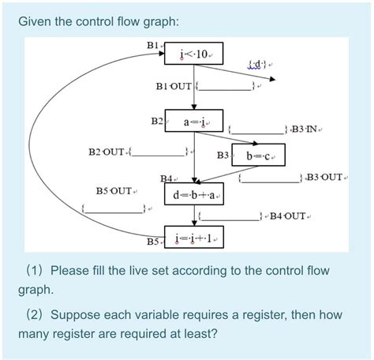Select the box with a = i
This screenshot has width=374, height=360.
[x=193, y=122]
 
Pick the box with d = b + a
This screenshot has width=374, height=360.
[x=194, y=194]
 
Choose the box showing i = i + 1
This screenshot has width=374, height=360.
[x=194, y=238]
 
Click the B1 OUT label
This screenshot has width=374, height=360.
[x=174, y=85]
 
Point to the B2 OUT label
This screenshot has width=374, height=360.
[x=106, y=151]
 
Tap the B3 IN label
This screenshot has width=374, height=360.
[x=307, y=127]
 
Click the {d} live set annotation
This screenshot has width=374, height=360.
[x=258, y=64]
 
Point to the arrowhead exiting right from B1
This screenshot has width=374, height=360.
[x=272, y=79]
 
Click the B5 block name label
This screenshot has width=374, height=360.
[x=154, y=239]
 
